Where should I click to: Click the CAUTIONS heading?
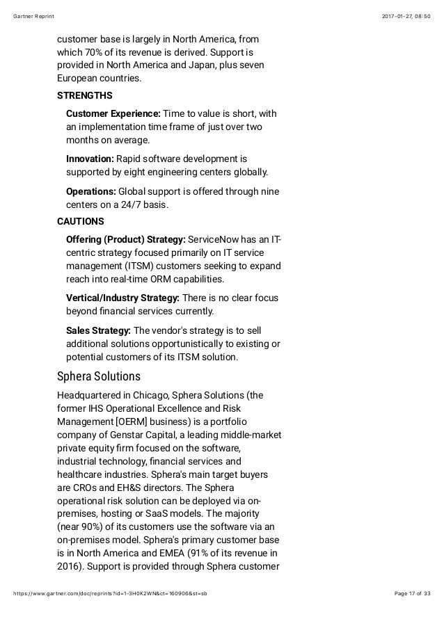(81, 221)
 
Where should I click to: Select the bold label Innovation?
(90, 159)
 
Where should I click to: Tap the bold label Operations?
(91, 191)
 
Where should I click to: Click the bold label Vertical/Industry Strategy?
(122, 298)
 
